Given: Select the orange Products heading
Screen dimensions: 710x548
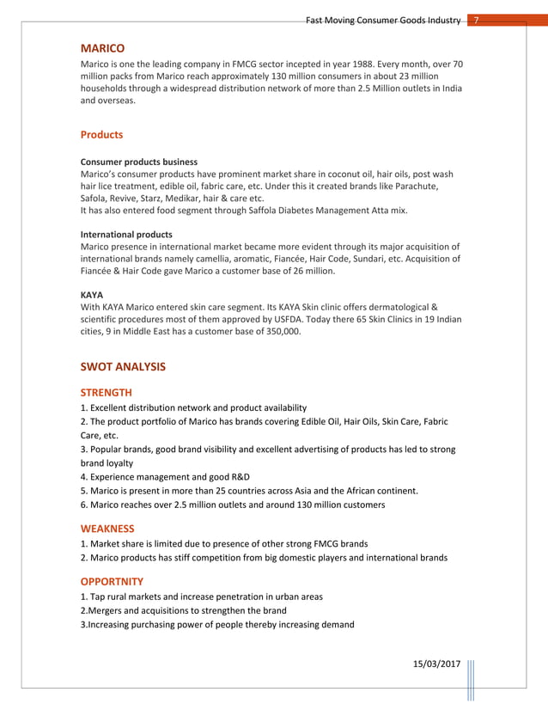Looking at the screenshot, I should (x=101, y=135).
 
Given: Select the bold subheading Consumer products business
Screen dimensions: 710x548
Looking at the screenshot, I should (x=139, y=162).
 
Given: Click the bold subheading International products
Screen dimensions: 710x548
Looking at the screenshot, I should (x=126, y=234).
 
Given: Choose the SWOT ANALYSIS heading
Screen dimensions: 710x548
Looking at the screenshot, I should (x=123, y=367).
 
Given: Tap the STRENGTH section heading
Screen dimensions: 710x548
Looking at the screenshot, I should (x=106, y=393).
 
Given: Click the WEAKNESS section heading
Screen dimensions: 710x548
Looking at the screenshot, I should (x=107, y=529).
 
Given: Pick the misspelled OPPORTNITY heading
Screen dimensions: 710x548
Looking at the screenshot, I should (x=112, y=581).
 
